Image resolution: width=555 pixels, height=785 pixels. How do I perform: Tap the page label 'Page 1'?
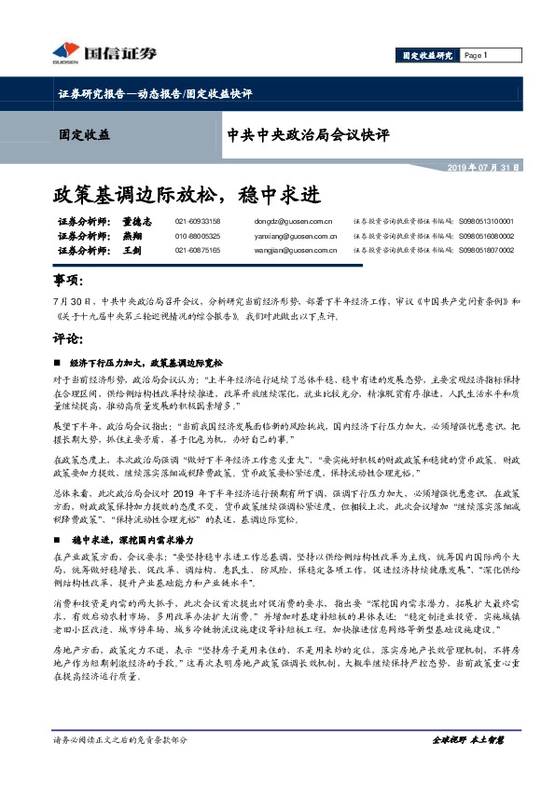coord(476,56)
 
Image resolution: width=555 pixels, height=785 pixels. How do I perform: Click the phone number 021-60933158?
coord(198,222)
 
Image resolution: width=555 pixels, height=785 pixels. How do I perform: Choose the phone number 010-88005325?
coord(198,237)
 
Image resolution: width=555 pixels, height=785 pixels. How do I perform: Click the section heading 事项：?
coord(66,282)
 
